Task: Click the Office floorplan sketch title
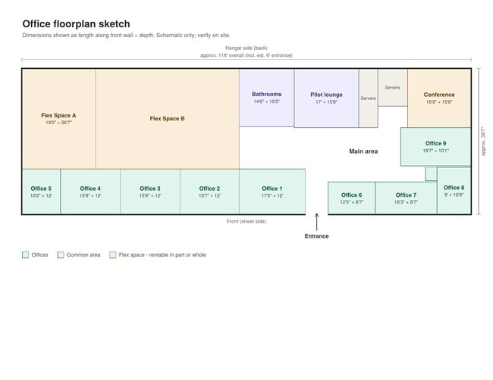(76, 24)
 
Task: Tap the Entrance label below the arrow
(316, 236)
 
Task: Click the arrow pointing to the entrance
(316, 222)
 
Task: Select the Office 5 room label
(41, 188)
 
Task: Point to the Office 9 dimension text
(436, 151)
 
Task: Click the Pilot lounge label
(326, 95)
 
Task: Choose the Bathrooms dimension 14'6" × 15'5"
(267, 101)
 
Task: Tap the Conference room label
(439, 95)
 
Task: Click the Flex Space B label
(168, 118)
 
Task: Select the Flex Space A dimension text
(58, 123)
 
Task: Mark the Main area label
(363, 151)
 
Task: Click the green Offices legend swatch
(26, 255)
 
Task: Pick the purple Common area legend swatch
(61, 255)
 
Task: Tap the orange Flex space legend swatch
(112, 255)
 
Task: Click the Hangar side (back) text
(246, 48)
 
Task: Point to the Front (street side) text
(246, 221)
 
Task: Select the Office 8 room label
(454, 187)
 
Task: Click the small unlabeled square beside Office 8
(431, 174)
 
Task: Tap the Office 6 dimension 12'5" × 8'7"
(351, 202)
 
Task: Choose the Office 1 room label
(272, 188)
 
